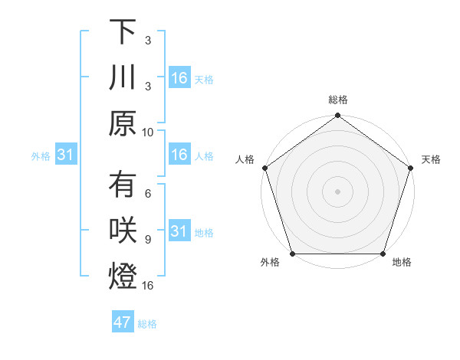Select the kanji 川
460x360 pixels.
[123, 77]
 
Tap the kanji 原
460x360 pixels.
[123, 123]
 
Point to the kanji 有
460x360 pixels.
[123, 186]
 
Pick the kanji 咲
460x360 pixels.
[123, 231]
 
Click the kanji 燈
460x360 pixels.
[123, 277]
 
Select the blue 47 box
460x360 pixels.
[123, 322]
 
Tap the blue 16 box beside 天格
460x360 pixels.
[179, 78]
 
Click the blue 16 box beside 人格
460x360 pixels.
[179, 155]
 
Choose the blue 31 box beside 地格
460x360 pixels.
[179, 231]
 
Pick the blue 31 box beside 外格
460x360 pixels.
[65, 155]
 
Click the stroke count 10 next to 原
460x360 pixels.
[148, 131]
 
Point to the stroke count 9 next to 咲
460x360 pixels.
[148, 239]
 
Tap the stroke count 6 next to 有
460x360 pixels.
[148, 194]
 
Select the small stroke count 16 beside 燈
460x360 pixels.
[148, 285]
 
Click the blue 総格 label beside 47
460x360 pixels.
[147, 324]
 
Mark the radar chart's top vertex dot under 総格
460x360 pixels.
[337, 116]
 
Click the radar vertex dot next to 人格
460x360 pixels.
[265, 168]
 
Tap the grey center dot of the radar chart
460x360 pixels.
[337, 191]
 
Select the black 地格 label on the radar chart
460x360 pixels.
[402, 263]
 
